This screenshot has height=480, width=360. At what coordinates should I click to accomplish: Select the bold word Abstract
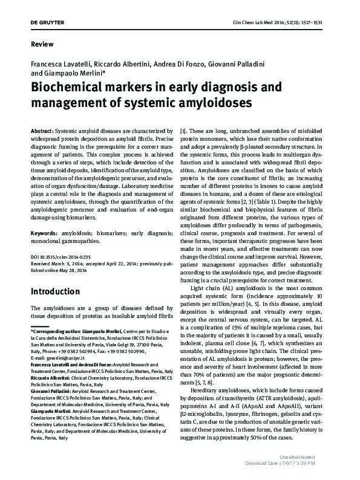pos(42,131)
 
